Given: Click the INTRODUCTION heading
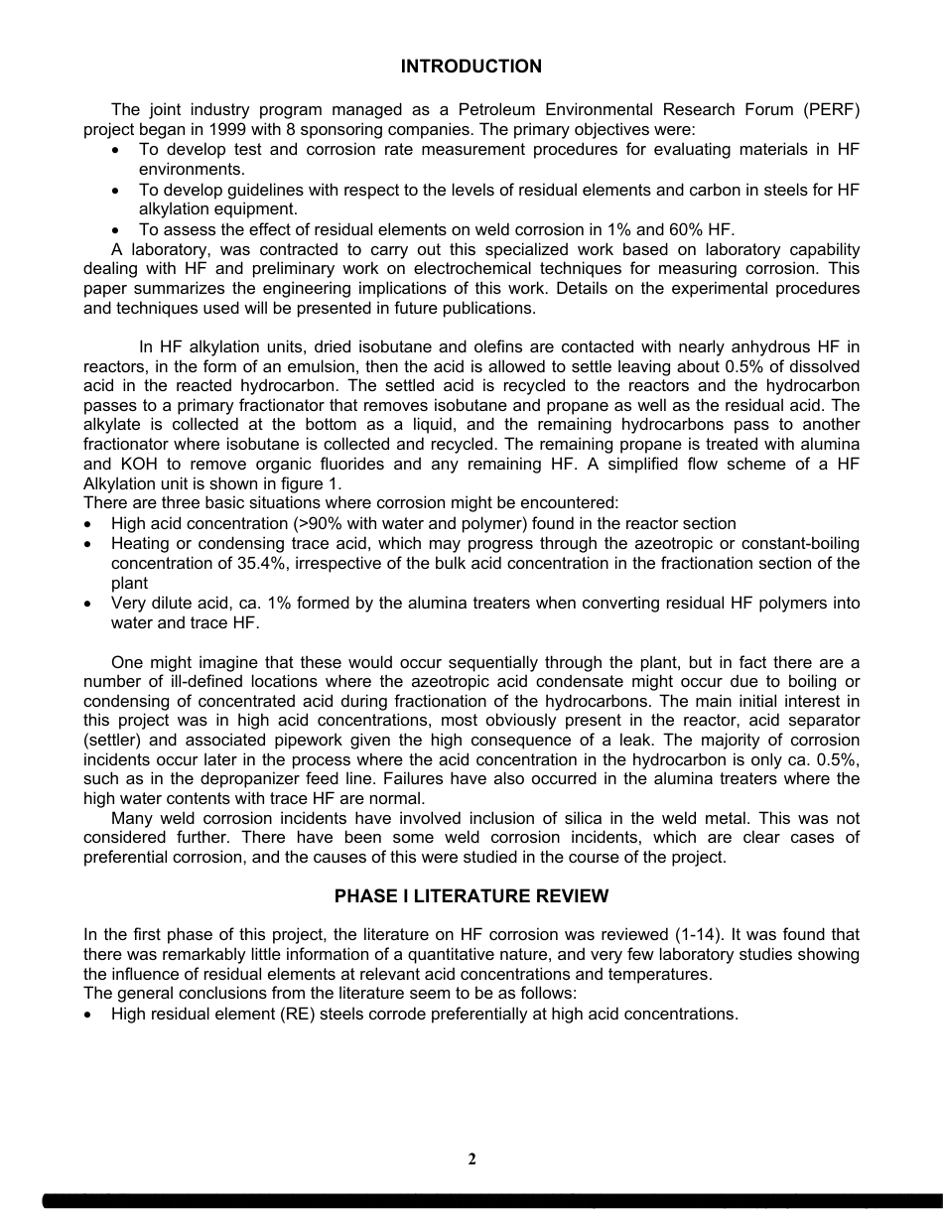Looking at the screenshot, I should click(x=471, y=67).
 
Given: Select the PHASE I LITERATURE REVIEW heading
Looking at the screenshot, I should click(x=471, y=896).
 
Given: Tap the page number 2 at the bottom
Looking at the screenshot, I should click(x=471, y=1159).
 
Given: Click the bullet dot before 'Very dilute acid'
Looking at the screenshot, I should click(x=90, y=604).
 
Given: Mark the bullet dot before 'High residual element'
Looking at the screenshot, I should click(x=90, y=1015).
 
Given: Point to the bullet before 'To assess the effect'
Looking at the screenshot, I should click(x=118, y=229).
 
